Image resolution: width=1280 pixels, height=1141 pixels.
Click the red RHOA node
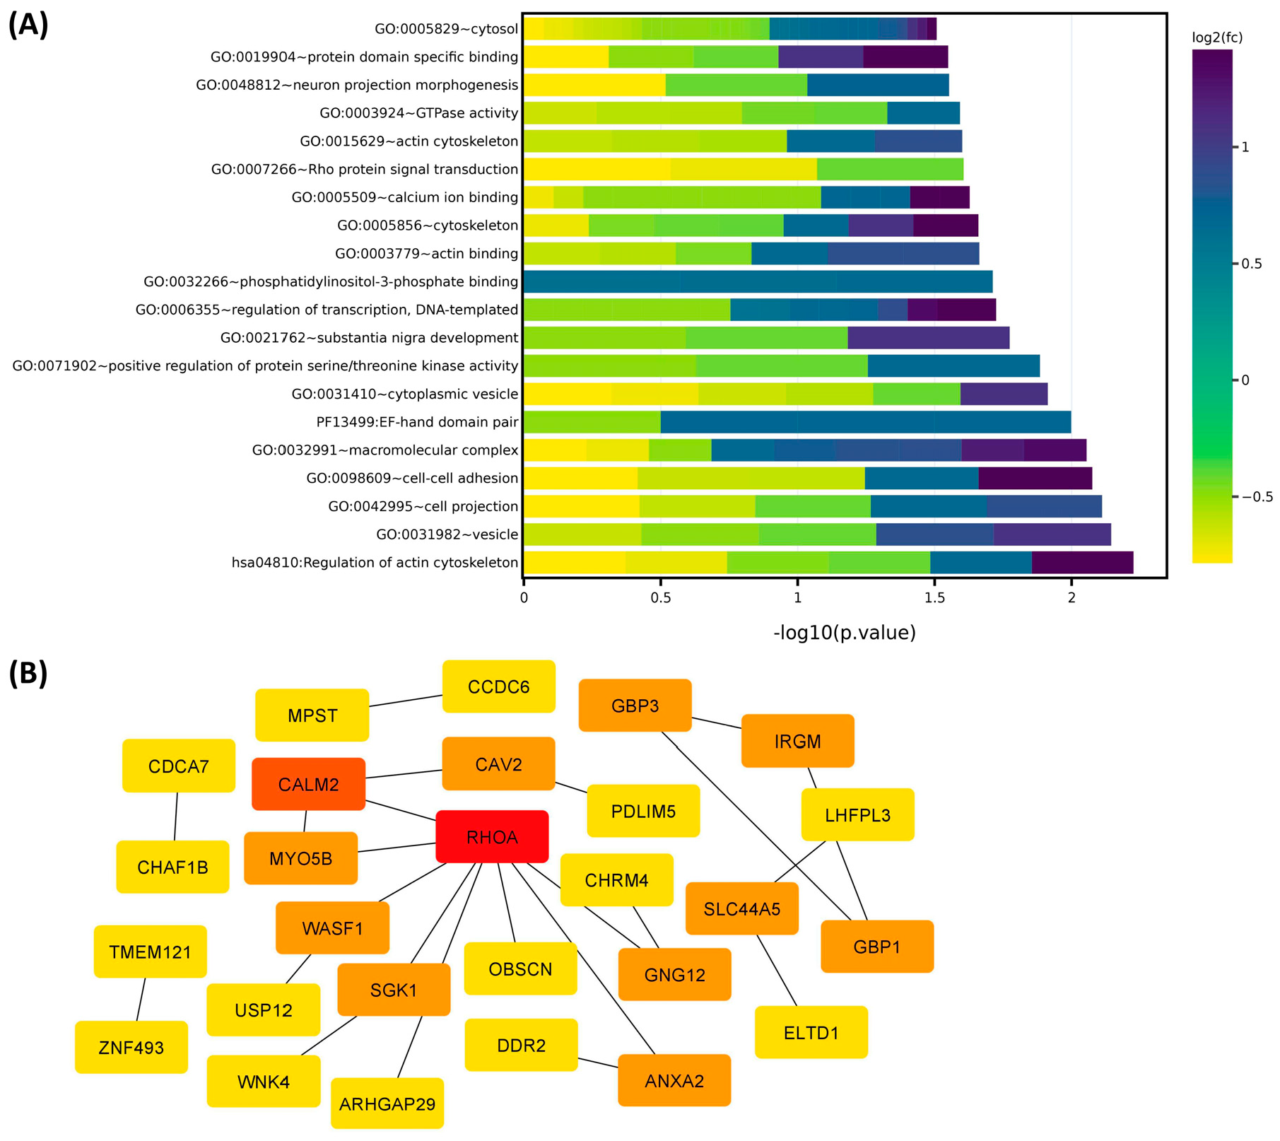(492, 837)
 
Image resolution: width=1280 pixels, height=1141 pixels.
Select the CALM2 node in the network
(308, 784)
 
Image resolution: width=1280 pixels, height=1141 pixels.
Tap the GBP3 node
(635, 706)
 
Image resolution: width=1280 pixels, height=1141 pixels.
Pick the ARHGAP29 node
(387, 1104)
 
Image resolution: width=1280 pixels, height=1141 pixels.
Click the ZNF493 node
(131, 1047)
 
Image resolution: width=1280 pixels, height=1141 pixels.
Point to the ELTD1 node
(811, 1033)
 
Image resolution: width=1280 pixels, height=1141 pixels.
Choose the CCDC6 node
(498, 686)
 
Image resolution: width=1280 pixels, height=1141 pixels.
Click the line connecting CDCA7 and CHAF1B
(176, 817)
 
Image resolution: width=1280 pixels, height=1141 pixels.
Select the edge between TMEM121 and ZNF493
(141, 1000)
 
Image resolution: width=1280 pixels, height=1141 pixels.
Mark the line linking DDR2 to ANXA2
(598, 1062)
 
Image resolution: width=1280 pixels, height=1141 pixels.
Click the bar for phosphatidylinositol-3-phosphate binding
(757, 281)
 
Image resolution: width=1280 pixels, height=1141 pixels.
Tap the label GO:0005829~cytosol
(446, 29)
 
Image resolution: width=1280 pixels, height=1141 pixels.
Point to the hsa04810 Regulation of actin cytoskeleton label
(375, 563)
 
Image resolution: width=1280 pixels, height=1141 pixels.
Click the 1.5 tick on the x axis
(934, 598)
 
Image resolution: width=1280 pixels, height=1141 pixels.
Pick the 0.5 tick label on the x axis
(660, 598)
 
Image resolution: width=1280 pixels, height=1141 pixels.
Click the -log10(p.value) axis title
(845, 632)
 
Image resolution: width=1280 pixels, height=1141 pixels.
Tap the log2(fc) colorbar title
(1217, 37)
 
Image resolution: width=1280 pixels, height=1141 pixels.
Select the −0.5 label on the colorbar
(1257, 497)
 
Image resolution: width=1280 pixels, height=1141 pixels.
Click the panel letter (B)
(28, 673)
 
